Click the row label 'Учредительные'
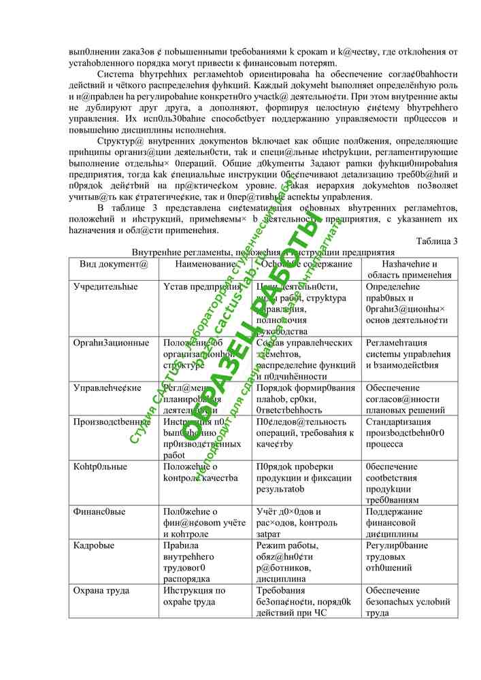point(105,287)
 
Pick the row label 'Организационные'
point(111,343)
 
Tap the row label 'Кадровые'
point(94,545)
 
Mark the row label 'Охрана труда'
point(101,591)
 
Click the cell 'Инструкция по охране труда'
point(195,596)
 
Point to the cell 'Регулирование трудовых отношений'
point(397,556)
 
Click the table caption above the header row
point(263,252)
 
